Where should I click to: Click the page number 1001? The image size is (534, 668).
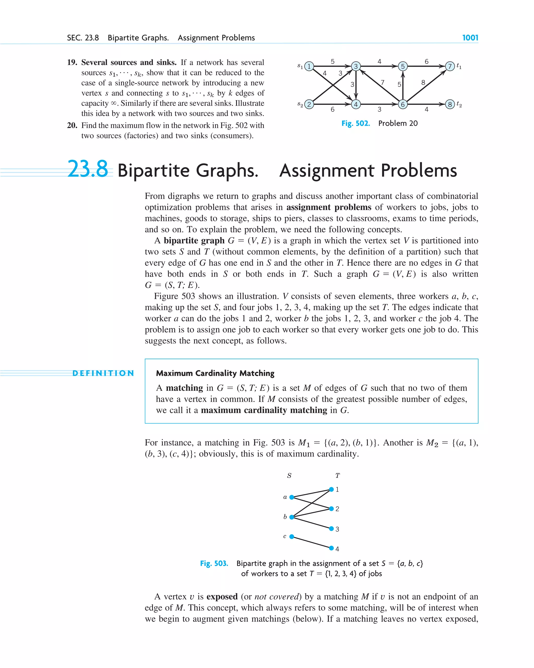pos(470,38)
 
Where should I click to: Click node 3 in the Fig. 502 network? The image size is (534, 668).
pos(356,66)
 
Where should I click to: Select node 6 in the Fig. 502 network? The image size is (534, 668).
pos(403,104)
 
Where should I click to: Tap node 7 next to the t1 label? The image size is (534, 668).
pos(450,66)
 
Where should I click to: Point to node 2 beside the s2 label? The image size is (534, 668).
pos(309,104)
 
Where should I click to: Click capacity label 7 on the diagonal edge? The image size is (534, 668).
pos(383,82)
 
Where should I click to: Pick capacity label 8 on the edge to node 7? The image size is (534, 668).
pos(423,82)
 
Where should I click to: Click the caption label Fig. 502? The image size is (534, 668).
pos(356,123)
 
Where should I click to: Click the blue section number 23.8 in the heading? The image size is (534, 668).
pos(88,169)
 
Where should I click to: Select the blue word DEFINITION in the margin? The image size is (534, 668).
pos(103,373)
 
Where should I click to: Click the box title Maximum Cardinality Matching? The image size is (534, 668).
pos(215,373)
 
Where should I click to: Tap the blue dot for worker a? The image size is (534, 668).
pos(292,497)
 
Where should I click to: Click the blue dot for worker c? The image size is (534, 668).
pos(292,536)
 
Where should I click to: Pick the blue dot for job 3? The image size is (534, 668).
pos(331,528)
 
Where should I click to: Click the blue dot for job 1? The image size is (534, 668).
pos(331,489)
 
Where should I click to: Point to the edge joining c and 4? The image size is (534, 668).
pos(311,542)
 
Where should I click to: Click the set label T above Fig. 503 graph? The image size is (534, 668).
pos(337,475)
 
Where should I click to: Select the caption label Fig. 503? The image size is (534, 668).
pos(214,563)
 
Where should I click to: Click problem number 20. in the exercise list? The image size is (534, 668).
pos(72,125)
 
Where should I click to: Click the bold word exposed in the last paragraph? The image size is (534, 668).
pos(222,597)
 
